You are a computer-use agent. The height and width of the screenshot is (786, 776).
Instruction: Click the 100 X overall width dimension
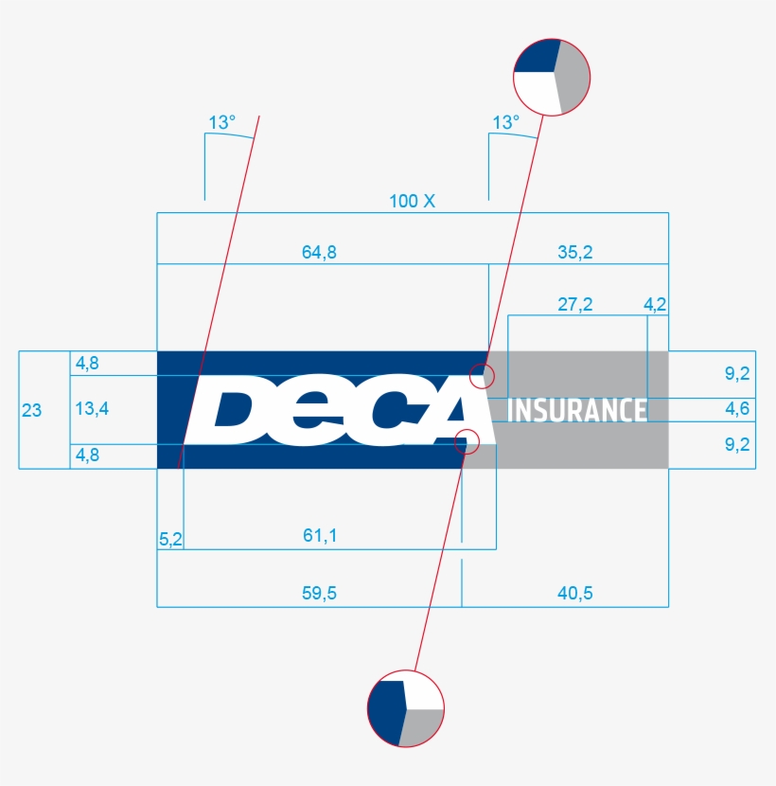(x=412, y=201)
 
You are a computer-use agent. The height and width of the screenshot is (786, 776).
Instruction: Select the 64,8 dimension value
(x=319, y=252)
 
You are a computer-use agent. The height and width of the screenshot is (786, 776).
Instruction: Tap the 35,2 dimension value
(x=574, y=252)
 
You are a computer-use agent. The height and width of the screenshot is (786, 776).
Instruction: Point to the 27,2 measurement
(x=574, y=304)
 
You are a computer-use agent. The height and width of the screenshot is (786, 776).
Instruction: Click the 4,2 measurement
(x=655, y=304)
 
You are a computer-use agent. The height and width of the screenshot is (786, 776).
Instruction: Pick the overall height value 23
(x=31, y=410)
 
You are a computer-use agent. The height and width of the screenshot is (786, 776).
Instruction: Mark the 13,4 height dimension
(x=93, y=409)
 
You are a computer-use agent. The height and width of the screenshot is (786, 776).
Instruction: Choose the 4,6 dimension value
(x=737, y=409)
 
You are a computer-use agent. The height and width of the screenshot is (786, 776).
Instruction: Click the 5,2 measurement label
(x=170, y=538)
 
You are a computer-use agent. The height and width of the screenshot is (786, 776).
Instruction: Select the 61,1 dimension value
(x=320, y=536)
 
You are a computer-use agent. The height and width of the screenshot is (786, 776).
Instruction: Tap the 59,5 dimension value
(x=319, y=594)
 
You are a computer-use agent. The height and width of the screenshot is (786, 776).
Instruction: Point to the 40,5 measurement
(x=575, y=594)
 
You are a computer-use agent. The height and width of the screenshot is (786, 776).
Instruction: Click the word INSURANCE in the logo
(x=578, y=410)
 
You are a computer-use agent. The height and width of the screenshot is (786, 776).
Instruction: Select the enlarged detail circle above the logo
(x=552, y=76)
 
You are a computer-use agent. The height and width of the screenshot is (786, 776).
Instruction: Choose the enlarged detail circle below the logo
(x=405, y=708)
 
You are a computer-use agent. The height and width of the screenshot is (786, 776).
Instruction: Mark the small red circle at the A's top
(x=483, y=375)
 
